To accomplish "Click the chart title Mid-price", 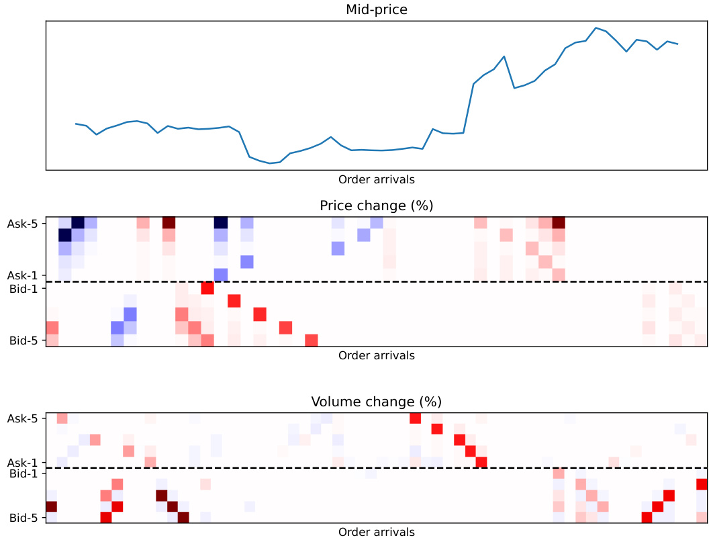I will [x=376, y=9].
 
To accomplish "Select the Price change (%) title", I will [x=376, y=206].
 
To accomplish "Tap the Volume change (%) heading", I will [x=376, y=402].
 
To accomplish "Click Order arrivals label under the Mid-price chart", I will [x=376, y=179].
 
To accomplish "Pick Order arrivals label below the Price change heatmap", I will [x=376, y=355].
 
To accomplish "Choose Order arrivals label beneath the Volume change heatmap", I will [x=376, y=532].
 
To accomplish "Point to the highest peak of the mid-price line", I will [x=596, y=28].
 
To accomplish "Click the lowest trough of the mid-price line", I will [x=270, y=163].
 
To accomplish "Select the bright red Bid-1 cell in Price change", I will [x=207, y=288].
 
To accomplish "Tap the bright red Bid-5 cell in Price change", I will [x=312, y=341].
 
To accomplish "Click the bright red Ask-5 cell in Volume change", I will [x=416, y=418].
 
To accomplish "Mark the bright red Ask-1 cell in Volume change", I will [x=481, y=462].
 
